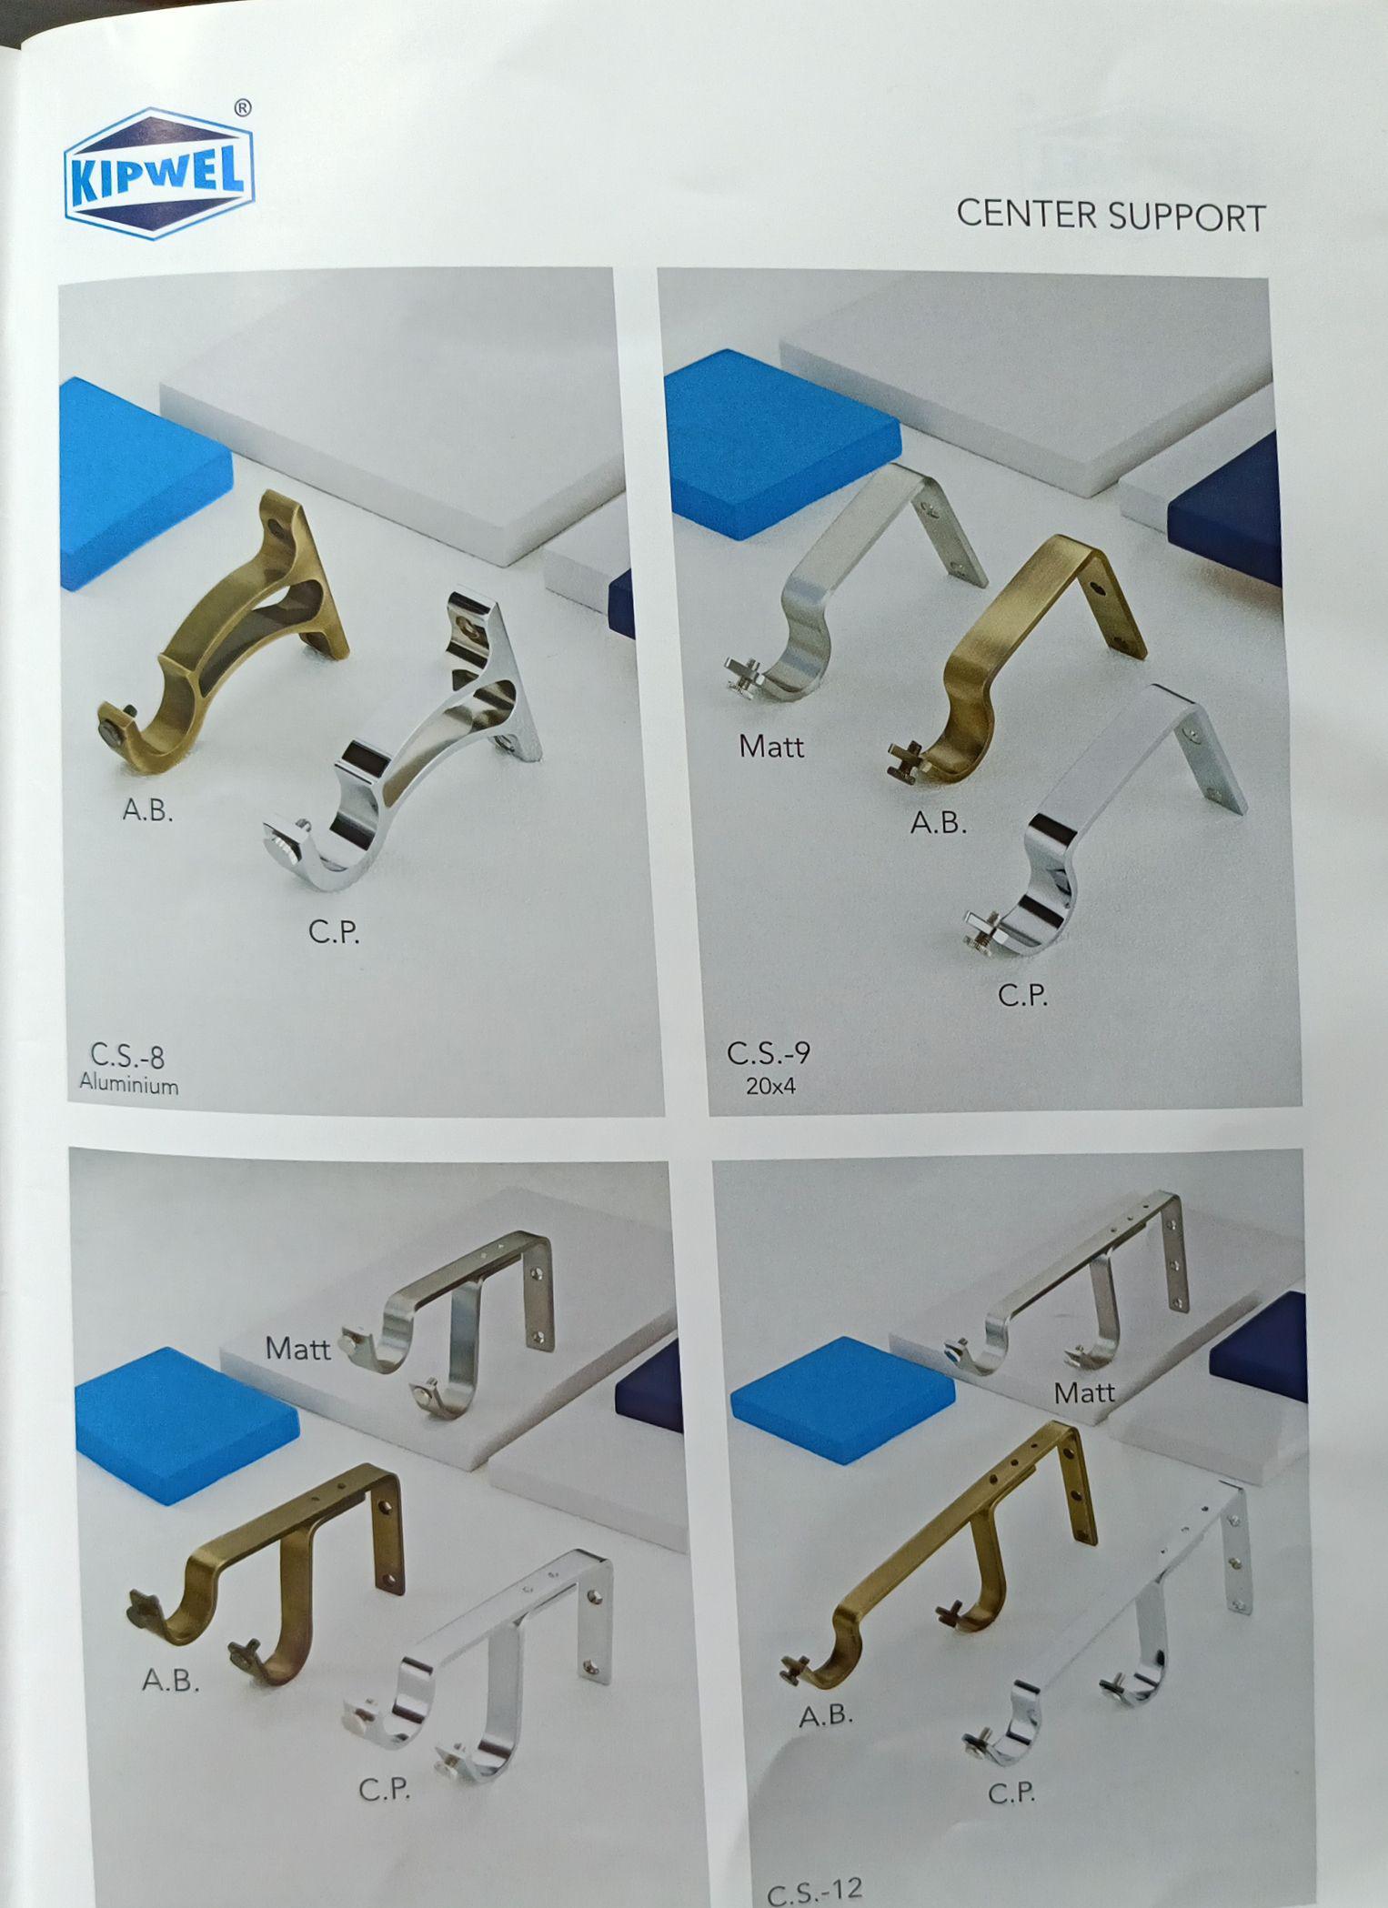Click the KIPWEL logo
point(158,174)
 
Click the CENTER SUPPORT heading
point(1111,216)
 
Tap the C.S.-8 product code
point(127,1056)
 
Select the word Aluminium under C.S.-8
point(129,1084)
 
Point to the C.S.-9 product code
point(769,1053)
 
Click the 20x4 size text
point(770,1085)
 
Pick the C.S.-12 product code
point(814,1890)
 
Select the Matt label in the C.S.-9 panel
point(771,747)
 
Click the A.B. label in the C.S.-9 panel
point(939,823)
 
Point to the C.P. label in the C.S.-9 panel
point(1023,996)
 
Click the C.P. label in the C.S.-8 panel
point(334,931)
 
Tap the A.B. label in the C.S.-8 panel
point(148,809)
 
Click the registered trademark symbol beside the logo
point(243,108)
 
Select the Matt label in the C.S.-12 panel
point(1084,1392)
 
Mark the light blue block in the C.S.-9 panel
point(782,443)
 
